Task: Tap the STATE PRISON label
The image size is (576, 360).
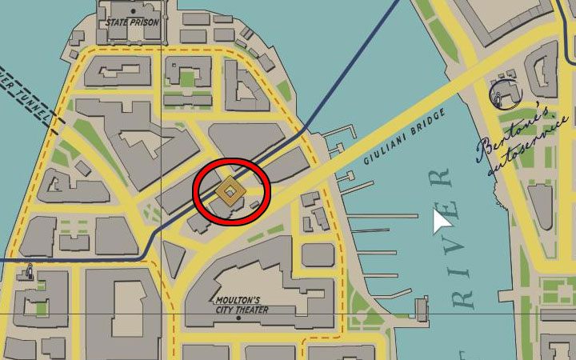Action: [x=132, y=22]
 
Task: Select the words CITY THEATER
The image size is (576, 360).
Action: [x=239, y=309]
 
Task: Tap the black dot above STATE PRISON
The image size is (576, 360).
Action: [x=132, y=10]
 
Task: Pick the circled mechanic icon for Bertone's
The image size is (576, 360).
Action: [x=504, y=94]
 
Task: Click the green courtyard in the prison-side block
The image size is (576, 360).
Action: [x=186, y=78]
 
